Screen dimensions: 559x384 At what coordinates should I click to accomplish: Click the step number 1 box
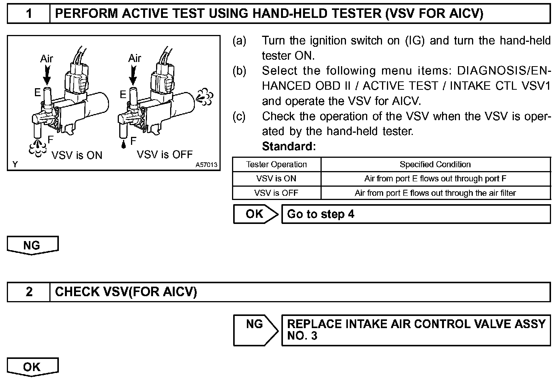click(x=29, y=14)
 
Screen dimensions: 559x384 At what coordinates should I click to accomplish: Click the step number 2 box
click(x=29, y=292)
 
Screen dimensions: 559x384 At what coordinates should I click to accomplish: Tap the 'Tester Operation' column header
click(x=276, y=165)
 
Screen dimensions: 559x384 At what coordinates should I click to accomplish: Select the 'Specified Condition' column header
click(x=435, y=165)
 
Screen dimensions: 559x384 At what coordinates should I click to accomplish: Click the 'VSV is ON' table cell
click(x=276, y=179)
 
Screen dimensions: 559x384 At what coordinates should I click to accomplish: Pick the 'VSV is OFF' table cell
click(x=276, y=193)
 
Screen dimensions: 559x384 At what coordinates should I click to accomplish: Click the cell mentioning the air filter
click(x=435, y=193)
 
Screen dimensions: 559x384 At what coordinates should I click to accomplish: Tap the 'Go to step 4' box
click(x=415, y=214)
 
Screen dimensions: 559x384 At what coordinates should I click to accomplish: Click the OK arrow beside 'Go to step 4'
click(x=255, y=214)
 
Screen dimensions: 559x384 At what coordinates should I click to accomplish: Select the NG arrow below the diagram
click(x=32, y=245)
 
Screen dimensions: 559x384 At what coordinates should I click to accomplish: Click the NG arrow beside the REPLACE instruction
click(x=255, y=329)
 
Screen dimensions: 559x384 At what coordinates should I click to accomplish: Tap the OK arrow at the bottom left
click(x=32, y=367)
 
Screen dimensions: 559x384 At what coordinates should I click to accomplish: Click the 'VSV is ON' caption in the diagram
click(x=77, y=155)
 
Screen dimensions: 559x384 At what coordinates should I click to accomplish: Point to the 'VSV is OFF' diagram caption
click(x=165, y=154)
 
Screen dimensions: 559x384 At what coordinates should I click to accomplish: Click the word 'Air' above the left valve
click(x=47, y=59)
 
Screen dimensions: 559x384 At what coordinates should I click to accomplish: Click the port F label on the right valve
click(x=133, y=141)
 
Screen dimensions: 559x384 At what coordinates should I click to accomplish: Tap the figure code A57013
click(x=207, y=165)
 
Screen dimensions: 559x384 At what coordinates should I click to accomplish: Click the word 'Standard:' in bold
click(x=289, y=146)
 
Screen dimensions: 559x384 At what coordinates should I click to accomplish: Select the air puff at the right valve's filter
click(x=205, y=97)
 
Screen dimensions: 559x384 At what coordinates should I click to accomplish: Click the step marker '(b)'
click(x=239, y=71)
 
